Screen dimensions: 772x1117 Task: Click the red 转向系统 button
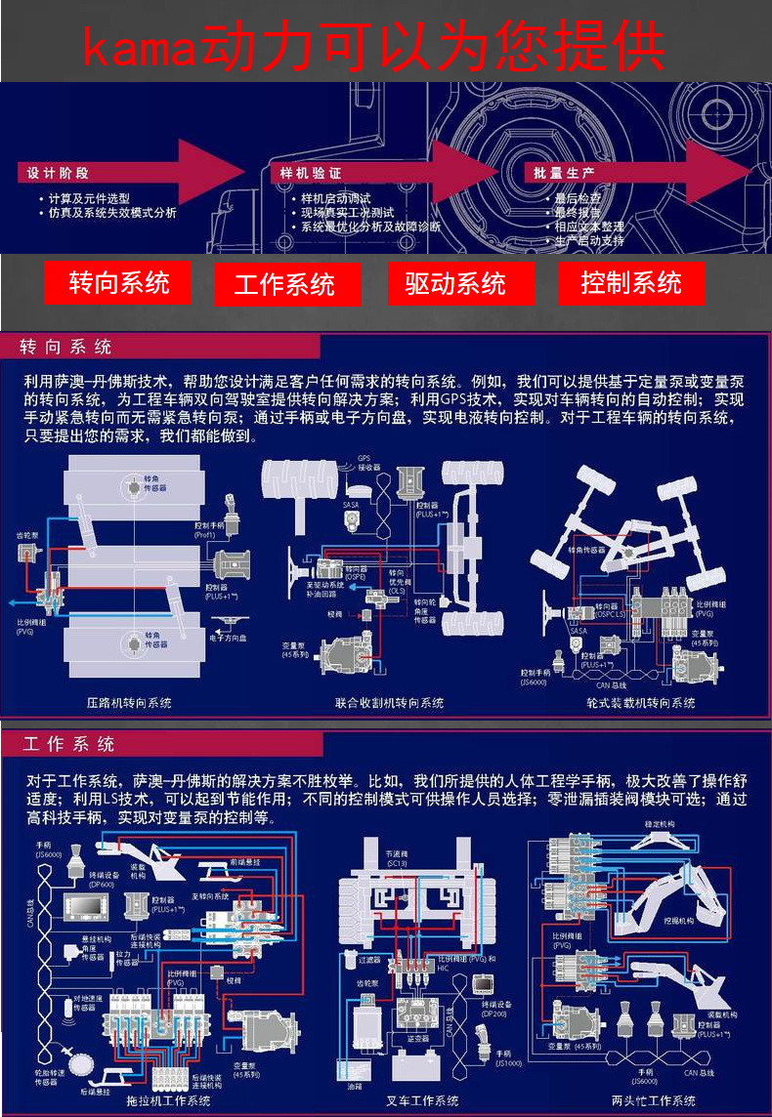(118, 282)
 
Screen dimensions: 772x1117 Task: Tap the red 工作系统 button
(284, 284)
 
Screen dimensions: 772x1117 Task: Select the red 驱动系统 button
(455, 283)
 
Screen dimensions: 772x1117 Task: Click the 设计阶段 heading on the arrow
(58, 173)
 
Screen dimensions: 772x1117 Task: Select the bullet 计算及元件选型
(89, 198)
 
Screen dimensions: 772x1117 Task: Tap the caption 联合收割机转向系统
(389, 702)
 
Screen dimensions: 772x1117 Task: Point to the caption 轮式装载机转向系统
(641, 702)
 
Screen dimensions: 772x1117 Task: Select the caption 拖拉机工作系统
(168, 1100)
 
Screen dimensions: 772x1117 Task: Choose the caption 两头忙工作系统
(654, 1100)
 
